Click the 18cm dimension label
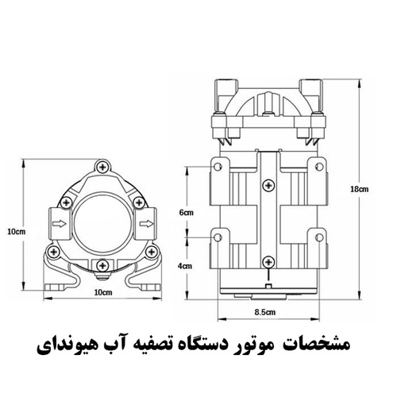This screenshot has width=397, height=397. pos(359,189)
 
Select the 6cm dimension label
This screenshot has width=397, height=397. pos(187,213)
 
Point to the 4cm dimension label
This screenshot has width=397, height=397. pos(185,266)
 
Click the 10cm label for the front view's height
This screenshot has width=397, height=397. pos(17,232)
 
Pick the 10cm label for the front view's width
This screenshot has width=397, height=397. pos(103,292)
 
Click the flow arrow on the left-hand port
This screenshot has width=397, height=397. pos(60,224)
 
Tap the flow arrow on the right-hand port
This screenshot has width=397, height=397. pos(147,224)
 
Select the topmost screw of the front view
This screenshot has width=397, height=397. pos(102,167)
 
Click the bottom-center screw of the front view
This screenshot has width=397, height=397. pos(102,265)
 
